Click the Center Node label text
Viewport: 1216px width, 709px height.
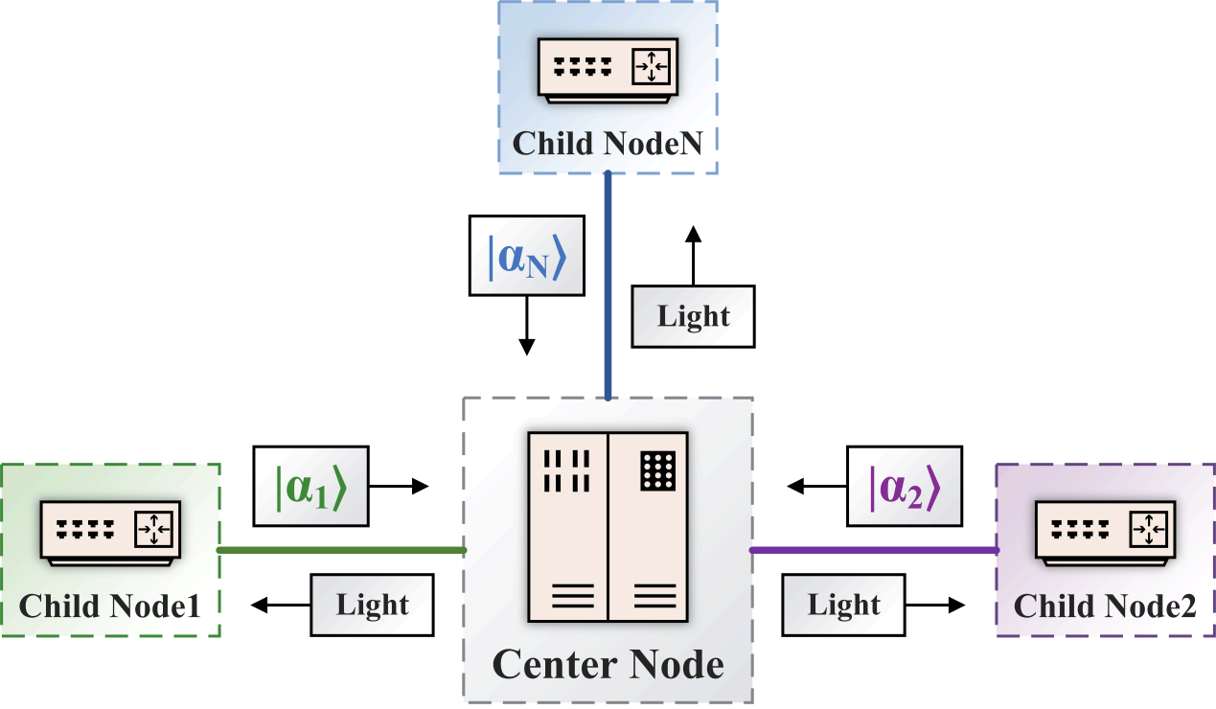[x=608, y=664]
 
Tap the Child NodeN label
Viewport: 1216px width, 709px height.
[x=608, y=144]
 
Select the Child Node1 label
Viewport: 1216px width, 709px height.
[x=110, y=606]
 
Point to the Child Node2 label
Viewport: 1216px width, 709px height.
[x=1105, y=606]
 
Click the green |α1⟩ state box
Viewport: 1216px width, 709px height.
[x=310, y=486]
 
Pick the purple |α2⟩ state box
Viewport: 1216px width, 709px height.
[x=905, y=486]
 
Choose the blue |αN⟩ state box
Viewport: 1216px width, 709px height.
[x=525, y=255]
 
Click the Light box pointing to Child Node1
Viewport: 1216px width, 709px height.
[x=372, y=606]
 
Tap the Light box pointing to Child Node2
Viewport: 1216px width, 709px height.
[x=843, y=606]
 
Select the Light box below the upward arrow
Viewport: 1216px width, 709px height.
[x=694, y=316]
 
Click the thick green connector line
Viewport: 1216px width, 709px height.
[x=341, y=550]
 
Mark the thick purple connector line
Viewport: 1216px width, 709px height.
[x=874, y=550]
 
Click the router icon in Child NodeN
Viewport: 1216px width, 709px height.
[x=608, y=71]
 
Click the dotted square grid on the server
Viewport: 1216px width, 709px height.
[x=658, y=470]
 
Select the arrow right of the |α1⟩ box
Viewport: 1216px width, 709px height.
[x=399, y=487]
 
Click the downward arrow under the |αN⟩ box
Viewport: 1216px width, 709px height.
[x=525, y=326]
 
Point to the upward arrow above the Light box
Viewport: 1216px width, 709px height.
[x=694, y=254]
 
